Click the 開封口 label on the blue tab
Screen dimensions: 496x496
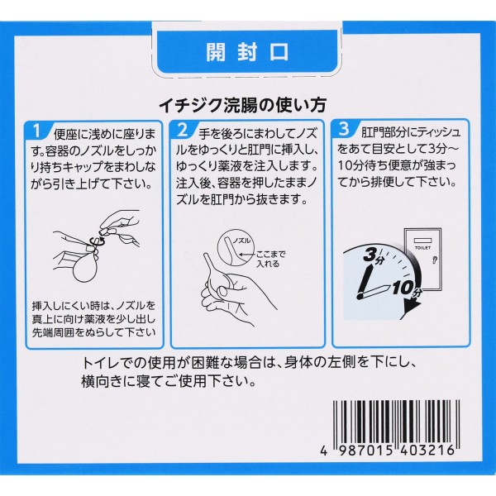[247, 52]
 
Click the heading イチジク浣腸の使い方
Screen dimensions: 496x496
[242, 105]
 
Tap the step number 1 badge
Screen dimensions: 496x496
[37, 131]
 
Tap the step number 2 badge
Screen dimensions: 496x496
[183, 130]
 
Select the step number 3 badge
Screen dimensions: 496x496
[344, 129]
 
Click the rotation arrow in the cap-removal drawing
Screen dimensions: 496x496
[95, 242]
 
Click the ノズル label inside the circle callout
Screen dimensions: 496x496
[242, 241]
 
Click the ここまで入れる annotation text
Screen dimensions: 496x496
[269, 259]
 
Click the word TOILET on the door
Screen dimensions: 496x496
[422, 248]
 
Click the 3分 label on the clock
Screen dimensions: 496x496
[374, 255]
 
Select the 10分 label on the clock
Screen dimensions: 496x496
[407, 289]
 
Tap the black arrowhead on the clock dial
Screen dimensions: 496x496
[413, 306]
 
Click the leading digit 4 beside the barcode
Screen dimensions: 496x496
[323, 451]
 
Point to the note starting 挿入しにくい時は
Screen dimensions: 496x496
[93, 319]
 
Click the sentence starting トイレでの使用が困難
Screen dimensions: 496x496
[248, 372]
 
